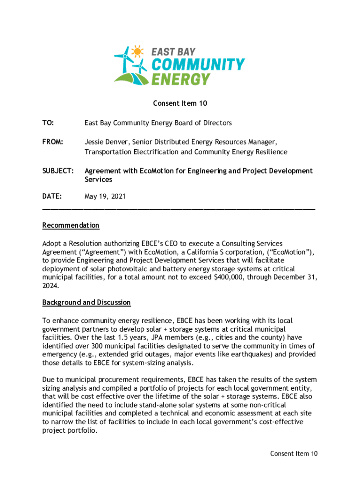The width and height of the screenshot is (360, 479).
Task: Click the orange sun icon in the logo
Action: [137, 51]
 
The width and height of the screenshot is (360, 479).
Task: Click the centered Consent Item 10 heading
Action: [180, 103]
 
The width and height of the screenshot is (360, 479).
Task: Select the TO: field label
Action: [48, 123]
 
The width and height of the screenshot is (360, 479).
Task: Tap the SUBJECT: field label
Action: [58, 171]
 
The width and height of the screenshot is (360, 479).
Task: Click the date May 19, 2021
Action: [105, 197]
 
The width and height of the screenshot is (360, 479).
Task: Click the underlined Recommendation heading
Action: [71, 225]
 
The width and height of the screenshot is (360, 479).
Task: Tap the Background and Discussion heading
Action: [86, 303]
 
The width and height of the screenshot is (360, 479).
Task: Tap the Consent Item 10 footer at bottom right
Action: [294, 453]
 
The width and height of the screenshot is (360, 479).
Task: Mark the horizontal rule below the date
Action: [179, 208]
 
